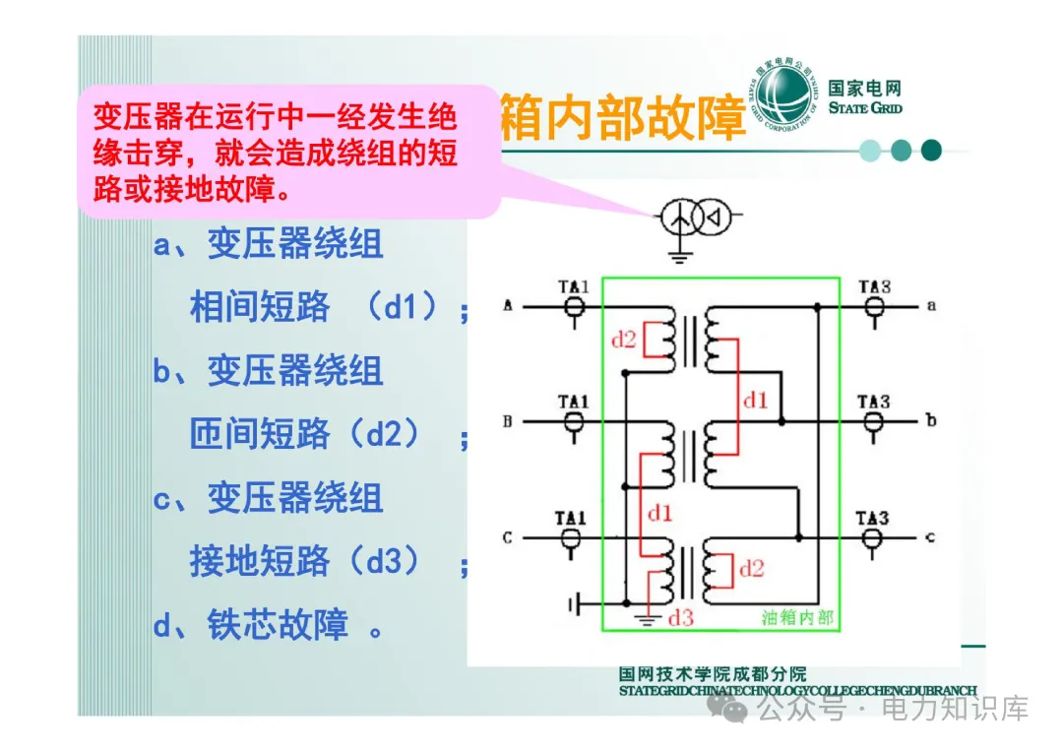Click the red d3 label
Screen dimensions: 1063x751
point(681,617)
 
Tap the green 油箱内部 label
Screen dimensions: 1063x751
point(797,617)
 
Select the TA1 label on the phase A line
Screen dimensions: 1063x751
point(573,287)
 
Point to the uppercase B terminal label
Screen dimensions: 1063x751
point(508,422)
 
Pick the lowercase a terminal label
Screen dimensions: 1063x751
point(931,306)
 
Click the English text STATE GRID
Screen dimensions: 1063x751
point(865,108)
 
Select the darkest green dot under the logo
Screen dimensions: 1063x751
point(931,151)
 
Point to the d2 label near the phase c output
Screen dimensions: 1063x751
point(751,568)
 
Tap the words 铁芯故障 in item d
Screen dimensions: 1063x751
point(277,625)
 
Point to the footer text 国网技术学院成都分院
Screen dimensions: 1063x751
point(713,674)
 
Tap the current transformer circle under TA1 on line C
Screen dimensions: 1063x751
point(572,538)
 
